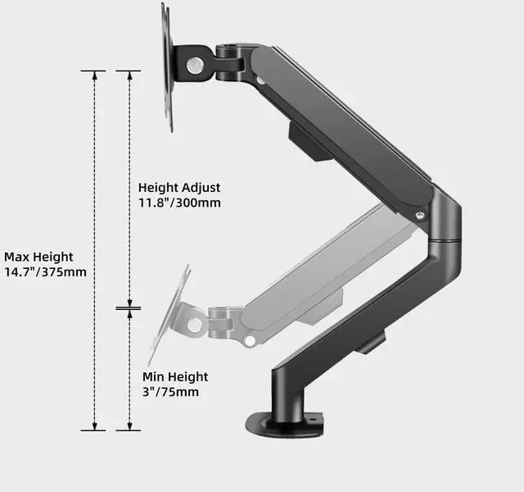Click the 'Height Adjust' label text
(178, 188)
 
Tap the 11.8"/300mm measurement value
(178, 203)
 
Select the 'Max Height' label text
(38, 257)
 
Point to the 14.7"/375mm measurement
(45, 272)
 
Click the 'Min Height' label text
(175, 376)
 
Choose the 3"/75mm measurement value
(170, 392)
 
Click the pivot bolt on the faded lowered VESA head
(194, 325)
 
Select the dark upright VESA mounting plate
(167, 66)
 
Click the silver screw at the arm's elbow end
(420, 214)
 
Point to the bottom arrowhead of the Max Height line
(93, 426)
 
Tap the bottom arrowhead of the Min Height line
(128, 426)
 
